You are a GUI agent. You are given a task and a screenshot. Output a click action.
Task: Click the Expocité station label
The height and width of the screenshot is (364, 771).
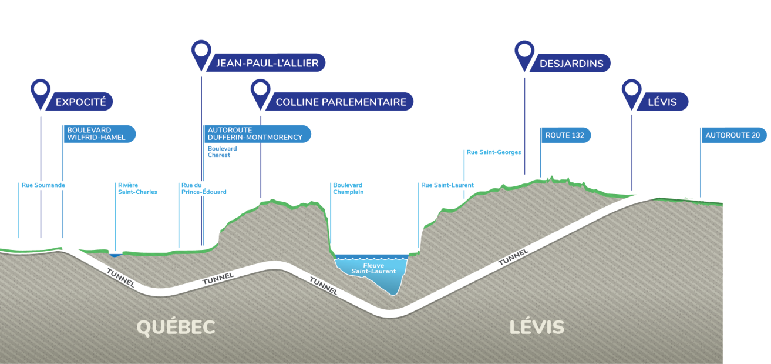coord(81,102)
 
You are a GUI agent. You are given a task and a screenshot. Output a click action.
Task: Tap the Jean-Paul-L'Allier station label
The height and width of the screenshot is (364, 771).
coord(267,63)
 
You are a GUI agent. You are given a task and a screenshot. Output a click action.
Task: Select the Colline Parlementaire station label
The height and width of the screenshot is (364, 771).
coord(341,102)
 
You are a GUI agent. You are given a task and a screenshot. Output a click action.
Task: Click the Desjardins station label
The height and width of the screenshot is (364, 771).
coord(571,63)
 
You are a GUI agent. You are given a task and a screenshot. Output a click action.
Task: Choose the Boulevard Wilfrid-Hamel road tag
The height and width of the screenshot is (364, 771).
coord(99,133)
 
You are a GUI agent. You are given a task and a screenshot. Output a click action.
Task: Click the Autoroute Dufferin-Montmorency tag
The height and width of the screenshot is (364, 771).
coord(257,133)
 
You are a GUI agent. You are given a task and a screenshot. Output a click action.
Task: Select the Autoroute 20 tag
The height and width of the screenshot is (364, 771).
coord(734,135)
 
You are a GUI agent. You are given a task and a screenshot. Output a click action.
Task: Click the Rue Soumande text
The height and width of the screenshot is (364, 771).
coord(43,185)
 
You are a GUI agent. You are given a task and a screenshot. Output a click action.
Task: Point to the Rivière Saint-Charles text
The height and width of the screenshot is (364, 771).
coord(137,189)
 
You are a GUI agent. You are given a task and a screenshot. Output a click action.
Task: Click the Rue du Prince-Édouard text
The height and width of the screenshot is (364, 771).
coord(204,189)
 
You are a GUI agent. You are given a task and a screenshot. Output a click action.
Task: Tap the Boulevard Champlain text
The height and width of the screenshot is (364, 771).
coord(348,189)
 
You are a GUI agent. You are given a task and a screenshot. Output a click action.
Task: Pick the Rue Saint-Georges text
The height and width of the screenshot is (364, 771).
coord(494,152)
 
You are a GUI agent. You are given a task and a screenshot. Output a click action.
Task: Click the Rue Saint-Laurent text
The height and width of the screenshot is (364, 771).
coord(447,185)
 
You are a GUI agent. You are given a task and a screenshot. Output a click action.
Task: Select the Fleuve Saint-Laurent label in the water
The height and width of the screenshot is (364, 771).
coord(373,268)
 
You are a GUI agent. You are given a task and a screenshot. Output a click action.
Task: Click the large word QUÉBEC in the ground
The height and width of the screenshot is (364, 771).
coord(176,328)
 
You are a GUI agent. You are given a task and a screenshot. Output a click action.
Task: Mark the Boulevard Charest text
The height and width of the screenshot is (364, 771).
coord(223,152)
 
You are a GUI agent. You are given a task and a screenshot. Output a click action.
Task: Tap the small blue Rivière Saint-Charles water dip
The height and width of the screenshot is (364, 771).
coord(116,255)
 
